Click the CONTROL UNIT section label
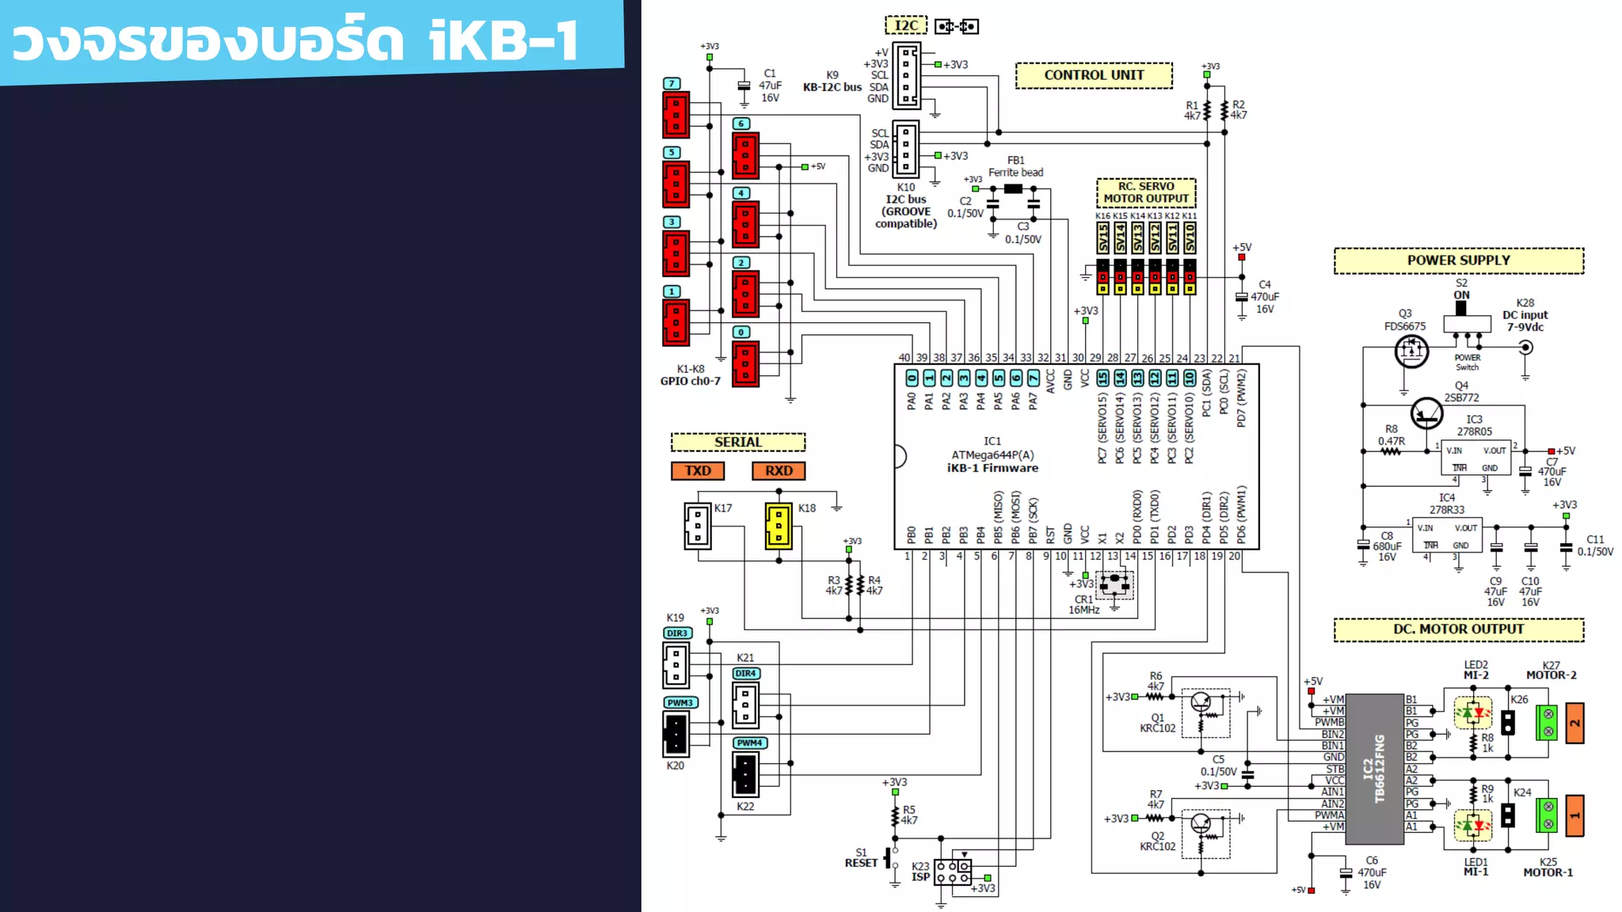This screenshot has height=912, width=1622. (1094, 75)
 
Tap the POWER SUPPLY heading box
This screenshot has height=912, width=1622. (1458, 260)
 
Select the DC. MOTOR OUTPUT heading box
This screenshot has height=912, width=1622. (1458, 629)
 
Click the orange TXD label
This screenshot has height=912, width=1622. (698, 471)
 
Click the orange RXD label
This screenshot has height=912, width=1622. (779, 471)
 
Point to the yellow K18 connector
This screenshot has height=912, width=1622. (779, 526)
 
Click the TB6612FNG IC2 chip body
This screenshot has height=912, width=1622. (1374, 769)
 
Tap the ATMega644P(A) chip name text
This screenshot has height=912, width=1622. (992, 455)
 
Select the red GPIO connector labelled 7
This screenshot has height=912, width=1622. (676, 115)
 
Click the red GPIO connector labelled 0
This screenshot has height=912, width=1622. (745, 363)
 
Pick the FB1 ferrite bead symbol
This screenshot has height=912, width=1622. (1013, 189)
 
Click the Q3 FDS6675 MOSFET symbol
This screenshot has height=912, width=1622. (1411, 351)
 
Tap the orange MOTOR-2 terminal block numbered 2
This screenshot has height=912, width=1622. (1574, 723)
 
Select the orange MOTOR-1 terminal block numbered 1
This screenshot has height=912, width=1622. (1574, 815)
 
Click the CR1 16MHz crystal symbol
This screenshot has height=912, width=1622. (1115, 585)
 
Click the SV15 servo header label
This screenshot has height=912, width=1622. (1103, 237)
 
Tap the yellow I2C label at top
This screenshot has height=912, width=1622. (906, 26)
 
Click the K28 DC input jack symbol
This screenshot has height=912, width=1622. (1525, 348)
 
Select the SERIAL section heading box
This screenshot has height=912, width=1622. (737, 443)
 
